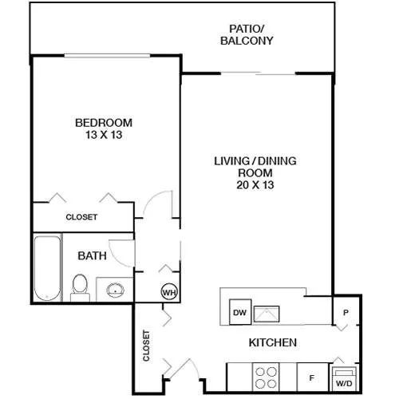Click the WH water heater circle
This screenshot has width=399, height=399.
tap(169, 292)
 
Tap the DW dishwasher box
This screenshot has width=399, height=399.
tap(240, 312)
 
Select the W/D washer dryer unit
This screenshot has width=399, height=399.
tap(344, 378)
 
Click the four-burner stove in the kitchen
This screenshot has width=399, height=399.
tap(266, 377)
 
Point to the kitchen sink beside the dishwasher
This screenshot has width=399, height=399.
tap(267, 314)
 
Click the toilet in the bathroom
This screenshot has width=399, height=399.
tap(79, 288)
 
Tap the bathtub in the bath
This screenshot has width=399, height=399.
tap(47, 268)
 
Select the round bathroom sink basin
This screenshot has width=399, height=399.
tap(116, 290)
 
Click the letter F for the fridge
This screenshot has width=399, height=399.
tap(312, 377)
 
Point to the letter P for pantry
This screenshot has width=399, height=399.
tap(346, 312)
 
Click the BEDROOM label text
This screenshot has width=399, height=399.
tap(104, 123)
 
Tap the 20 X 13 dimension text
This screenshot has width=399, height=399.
tap(255, 185)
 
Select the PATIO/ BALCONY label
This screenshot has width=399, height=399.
tap(247, 34)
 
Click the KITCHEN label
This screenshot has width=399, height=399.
tap(273, 342)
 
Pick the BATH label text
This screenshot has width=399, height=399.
tap(92, 256)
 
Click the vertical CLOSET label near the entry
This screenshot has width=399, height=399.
tap(146, 346)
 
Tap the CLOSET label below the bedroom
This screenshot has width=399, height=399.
tap(81, 217)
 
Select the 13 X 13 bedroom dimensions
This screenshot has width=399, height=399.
tap(104, 135)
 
